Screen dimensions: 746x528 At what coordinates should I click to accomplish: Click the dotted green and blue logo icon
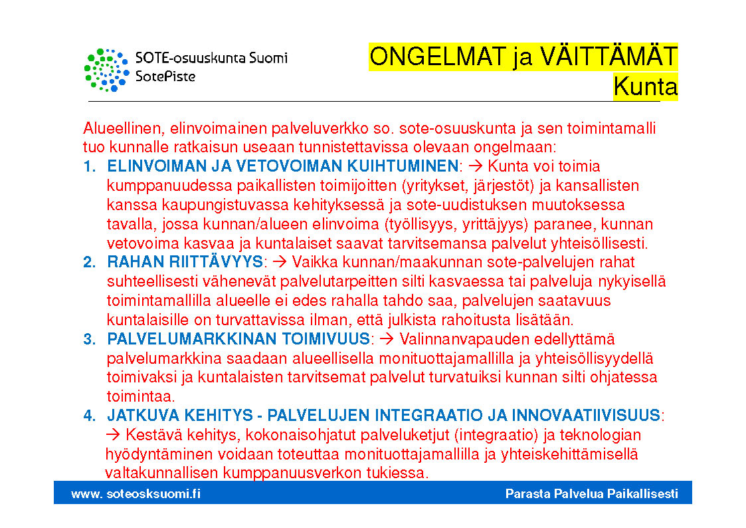106,70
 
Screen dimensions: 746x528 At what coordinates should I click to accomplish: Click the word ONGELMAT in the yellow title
437,57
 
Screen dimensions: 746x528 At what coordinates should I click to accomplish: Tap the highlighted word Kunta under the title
645,86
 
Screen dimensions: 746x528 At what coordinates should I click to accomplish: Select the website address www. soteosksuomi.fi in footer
136,493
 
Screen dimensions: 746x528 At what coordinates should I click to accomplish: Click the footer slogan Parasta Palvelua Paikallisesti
591,493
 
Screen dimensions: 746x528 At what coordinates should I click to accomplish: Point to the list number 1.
89,166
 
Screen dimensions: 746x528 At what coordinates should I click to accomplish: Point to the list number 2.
89,262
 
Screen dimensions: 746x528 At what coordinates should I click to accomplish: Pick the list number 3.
89,339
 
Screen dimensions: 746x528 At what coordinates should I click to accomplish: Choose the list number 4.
89,416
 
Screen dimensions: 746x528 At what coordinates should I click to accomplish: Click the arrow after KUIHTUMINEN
476,166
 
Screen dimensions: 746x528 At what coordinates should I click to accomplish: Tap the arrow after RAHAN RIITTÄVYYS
280,262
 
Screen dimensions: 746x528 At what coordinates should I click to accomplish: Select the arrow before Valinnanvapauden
387,339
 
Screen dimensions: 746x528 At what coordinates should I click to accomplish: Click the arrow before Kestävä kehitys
113,435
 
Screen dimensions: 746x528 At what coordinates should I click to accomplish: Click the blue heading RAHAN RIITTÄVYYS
185,262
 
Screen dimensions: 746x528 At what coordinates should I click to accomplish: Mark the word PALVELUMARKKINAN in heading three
190,339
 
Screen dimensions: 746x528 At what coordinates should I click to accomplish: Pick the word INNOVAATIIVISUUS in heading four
586,416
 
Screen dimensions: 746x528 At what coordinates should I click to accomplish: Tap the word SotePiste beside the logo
165,76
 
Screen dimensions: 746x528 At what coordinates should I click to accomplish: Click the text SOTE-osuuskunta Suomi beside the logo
211,58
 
